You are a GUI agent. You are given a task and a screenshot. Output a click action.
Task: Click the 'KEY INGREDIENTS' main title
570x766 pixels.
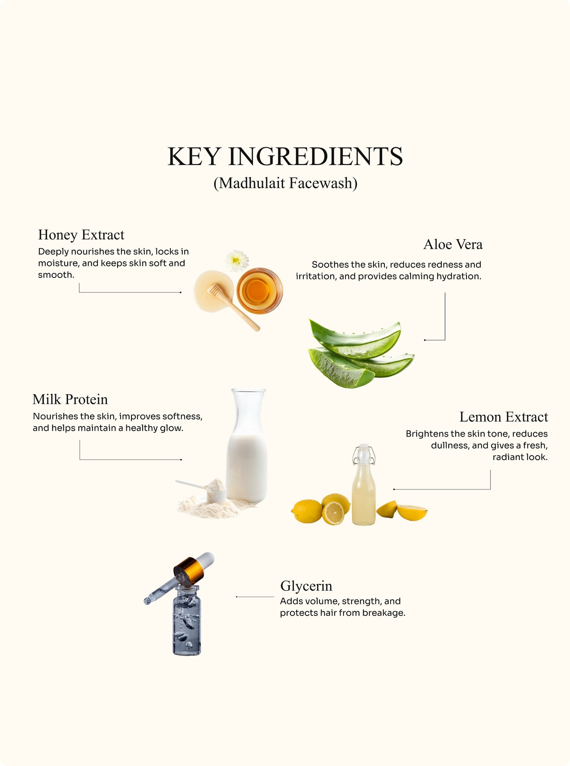285,157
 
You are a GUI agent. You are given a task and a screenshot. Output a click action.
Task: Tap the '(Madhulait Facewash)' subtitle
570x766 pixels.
285,183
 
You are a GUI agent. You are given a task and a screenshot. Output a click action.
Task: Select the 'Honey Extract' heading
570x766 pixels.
81,235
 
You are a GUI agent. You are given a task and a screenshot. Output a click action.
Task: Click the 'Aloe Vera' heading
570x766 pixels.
453,244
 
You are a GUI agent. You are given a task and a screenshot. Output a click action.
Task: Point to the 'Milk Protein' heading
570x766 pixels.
70,400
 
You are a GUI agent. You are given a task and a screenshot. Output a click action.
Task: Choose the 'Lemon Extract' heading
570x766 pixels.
504,417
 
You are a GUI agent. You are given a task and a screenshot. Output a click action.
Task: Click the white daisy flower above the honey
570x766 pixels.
237,261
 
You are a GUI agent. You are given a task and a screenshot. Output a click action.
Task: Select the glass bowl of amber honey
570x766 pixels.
260,291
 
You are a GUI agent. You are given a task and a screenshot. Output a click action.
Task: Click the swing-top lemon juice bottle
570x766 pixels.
363,485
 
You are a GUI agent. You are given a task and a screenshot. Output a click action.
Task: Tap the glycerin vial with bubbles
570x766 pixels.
187,620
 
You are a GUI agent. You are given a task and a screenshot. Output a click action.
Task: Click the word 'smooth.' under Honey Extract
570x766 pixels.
56,275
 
